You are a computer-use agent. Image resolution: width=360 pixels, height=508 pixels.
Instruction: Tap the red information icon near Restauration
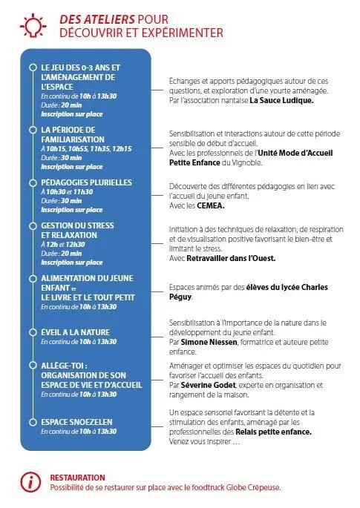pyautogui.click(x=30, y=481)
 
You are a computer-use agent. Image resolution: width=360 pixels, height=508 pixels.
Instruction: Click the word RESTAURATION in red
pyautogui.click(x=77, y=477)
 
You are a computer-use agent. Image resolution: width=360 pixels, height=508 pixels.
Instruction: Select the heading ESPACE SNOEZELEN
pyautogui.click(x=76, y=421)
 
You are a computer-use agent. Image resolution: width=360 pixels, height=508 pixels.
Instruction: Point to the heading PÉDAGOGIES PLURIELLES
pyautogui.click(x=86, y=182)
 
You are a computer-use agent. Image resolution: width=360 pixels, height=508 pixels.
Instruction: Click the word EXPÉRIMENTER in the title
pyautogui.click(x=178, y=33)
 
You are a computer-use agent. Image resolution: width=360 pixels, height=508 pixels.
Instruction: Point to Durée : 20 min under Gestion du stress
pyautogui.click(x=61, y=253)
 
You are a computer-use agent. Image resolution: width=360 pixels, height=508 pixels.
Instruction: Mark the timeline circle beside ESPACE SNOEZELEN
pyautogui.click(x=32, y=421)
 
